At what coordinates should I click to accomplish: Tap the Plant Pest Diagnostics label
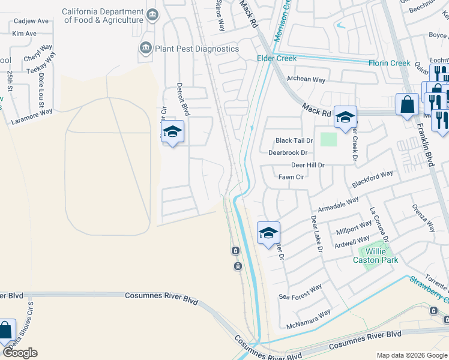click(x=197, y=49)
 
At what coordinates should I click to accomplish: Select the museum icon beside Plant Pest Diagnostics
click(x=145, y=48)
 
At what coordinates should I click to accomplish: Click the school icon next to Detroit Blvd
click(x=172, y=132)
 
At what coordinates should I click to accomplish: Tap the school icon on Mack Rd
click(x=345, y=118)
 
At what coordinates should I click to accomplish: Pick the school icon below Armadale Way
click(x=268, y=233)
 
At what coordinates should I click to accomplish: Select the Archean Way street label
click(x=306, y=79)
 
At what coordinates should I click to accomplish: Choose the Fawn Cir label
click(x=291, y=177)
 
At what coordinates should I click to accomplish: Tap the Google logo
click(x=20, y=353)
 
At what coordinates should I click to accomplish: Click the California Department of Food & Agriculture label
click(x=104, y=16)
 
